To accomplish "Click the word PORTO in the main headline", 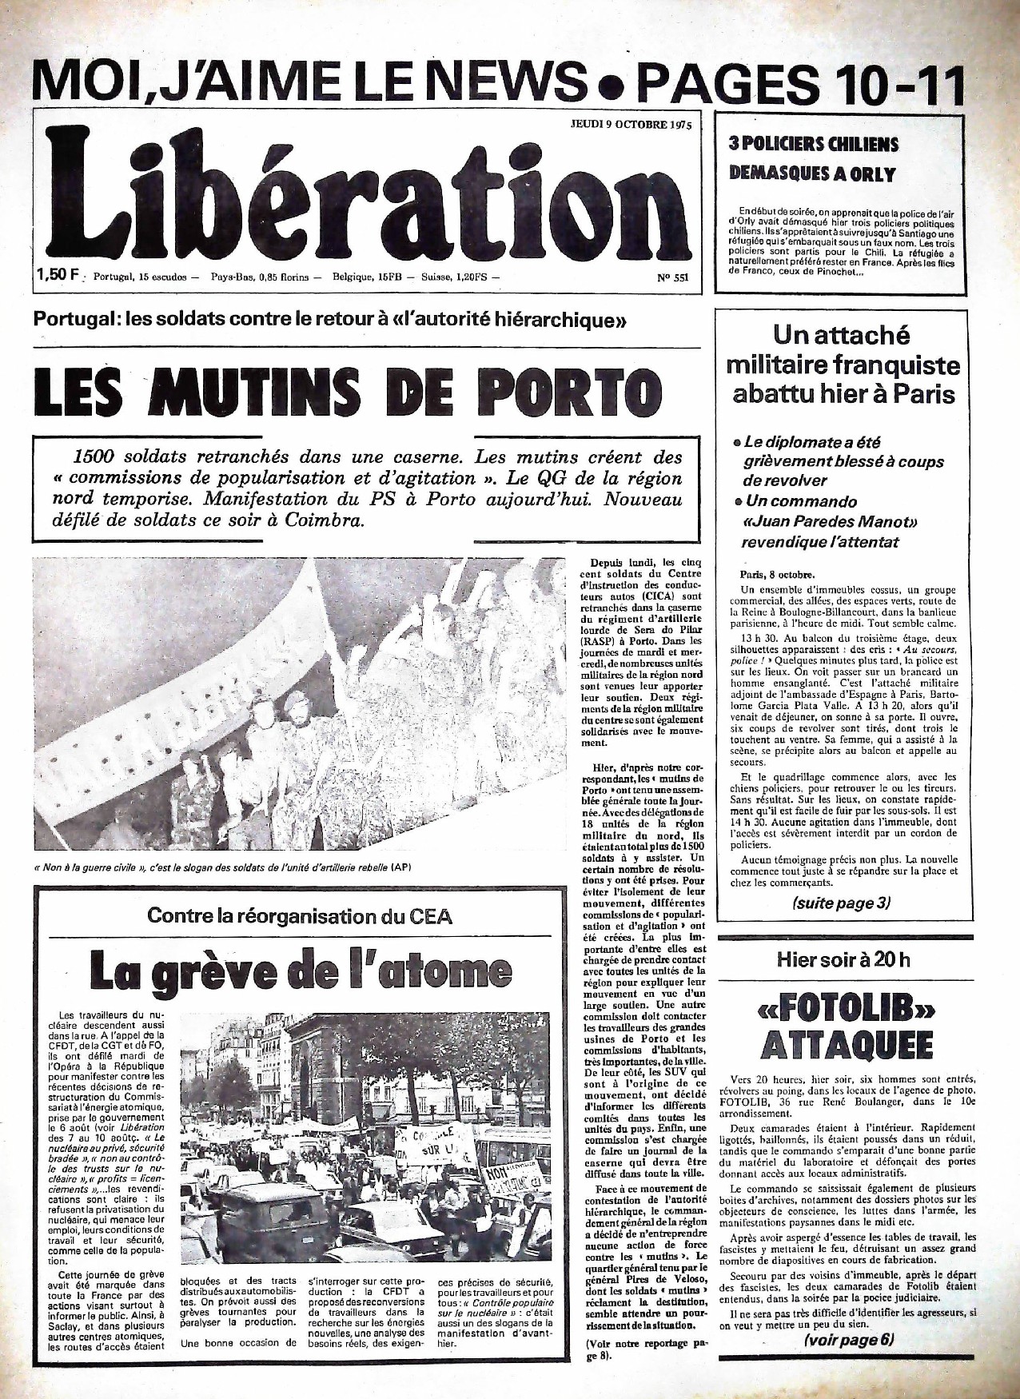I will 568,389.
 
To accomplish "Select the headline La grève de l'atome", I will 300,970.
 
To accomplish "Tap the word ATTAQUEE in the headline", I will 846,1044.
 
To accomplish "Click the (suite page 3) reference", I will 842,903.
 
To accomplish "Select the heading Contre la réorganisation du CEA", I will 299,916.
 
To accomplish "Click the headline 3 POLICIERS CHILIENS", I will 813,145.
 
